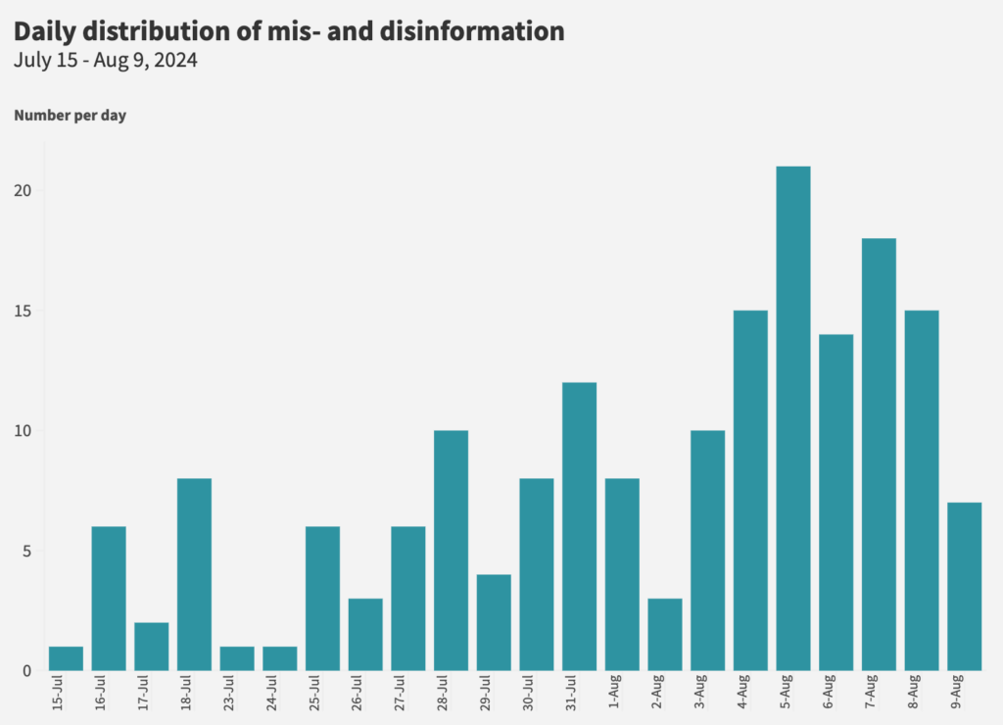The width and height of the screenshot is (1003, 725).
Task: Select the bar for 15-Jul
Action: point(66,658)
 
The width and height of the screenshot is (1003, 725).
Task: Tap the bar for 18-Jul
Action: point(194,574)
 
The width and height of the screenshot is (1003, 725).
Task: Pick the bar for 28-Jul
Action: point(451,551)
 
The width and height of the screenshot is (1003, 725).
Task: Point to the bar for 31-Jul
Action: point(579,526)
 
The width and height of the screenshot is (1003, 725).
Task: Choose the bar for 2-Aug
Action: point(665,634)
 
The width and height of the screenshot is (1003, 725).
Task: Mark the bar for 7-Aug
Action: point(879,455)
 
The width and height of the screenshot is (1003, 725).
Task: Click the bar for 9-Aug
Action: point(964,586)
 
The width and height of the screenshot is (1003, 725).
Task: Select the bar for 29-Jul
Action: point(494,622)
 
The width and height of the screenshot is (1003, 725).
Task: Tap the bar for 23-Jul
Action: point(237,658)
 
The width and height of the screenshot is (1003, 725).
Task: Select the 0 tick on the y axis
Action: point(27,671)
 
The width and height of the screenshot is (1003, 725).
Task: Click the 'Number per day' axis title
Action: point(70,116)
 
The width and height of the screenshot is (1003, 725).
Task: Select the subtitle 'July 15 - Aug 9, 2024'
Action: point(106,61)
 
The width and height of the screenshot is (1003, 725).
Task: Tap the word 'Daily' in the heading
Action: point(47,30)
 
